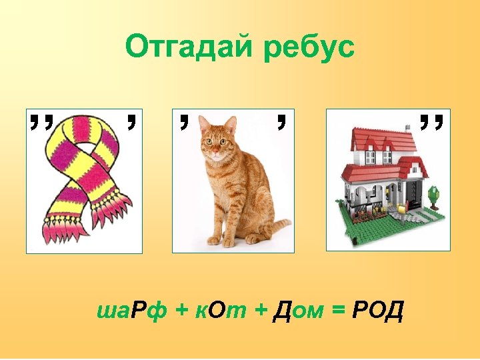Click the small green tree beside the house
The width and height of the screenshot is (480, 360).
point(434,195)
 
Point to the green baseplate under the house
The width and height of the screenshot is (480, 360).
point(373,230)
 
